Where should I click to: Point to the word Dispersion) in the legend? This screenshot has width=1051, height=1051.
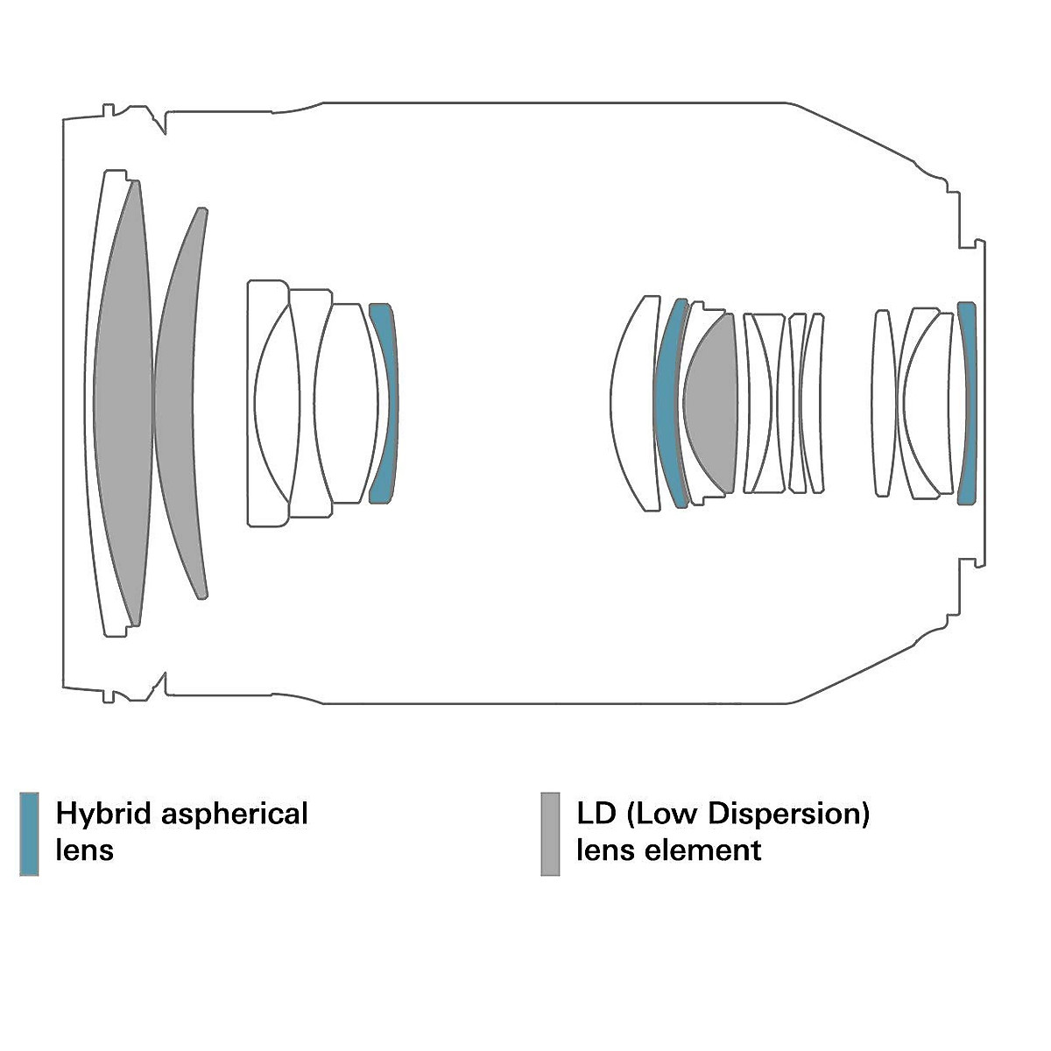788,814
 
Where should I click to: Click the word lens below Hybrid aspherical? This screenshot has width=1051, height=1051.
85,850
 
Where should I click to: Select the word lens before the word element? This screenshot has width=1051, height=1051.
606,850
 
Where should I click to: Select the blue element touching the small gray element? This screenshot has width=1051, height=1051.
668,403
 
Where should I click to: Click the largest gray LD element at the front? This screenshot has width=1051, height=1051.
123,403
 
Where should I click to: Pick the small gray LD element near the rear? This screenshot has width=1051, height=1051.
710,403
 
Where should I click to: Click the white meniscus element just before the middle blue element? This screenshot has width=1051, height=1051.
632,403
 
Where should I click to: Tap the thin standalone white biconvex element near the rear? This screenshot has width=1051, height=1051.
883,403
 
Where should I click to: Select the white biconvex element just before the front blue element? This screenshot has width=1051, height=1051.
347,403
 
